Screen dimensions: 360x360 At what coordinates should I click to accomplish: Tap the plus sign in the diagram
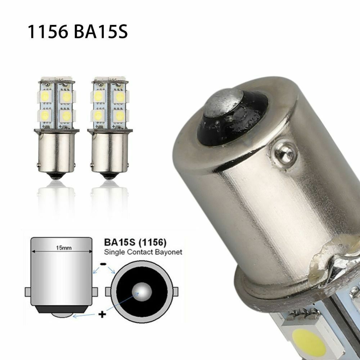(102, 315)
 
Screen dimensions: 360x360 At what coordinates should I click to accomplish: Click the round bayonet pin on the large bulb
(285, 153)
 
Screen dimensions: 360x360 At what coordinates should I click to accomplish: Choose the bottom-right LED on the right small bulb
(120, 116)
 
